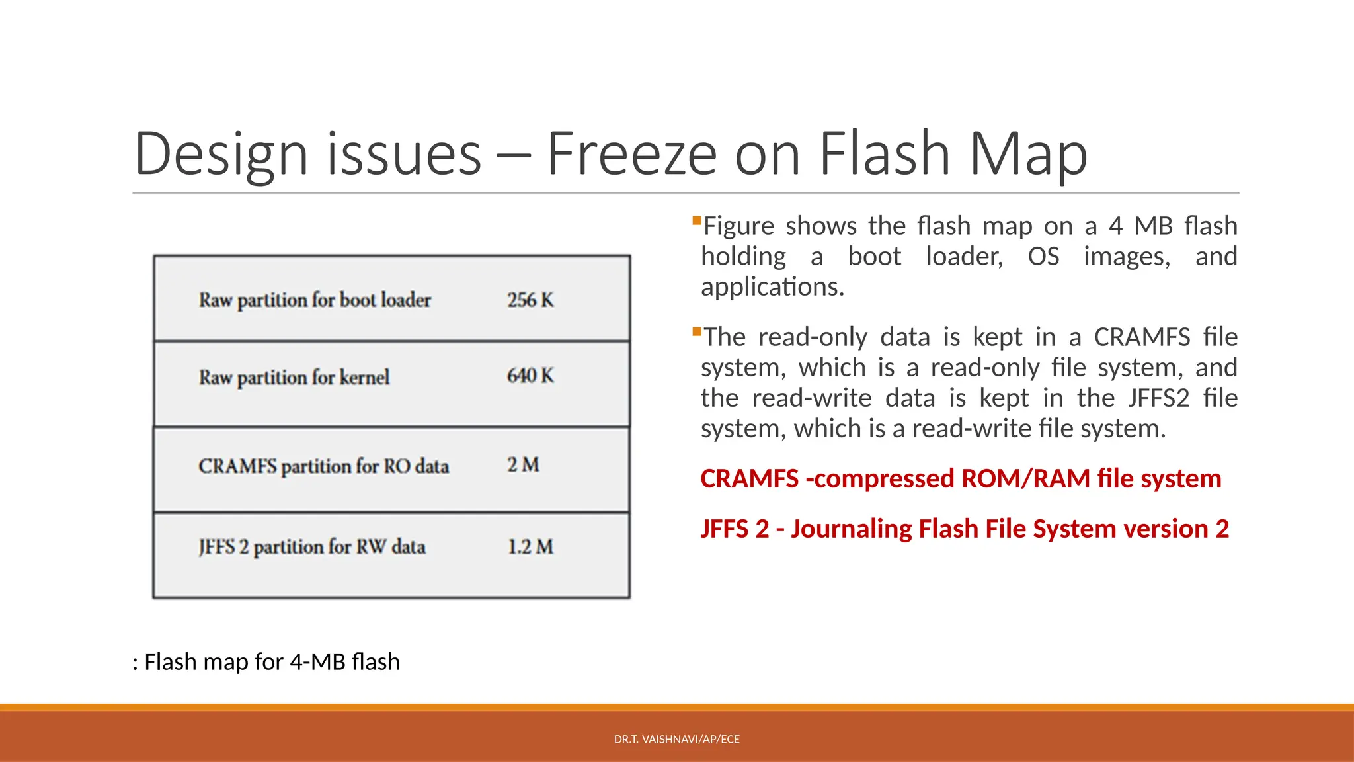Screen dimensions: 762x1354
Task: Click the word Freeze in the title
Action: pyautogui.click(x=631, y=153)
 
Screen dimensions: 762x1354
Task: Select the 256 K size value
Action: pyautogui.click(x=530, y=300)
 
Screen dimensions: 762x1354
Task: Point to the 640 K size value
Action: pyautogui.click(x=530, y=376)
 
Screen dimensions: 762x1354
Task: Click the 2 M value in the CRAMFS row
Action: pyautogui.click(x=523, y=464)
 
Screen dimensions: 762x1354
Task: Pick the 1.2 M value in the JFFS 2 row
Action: pyautogui.click(x=530, y=546)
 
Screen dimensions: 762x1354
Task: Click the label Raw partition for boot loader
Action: pyautogui.click(x=315, y=300)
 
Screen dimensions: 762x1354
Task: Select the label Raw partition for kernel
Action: pyautogui.click(x=294, y=377)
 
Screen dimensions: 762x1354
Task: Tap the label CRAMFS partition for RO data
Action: pyautogui.click(x=323, y=466)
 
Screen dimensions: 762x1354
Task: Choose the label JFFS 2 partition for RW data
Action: pyautogui.click(x=312, y=547)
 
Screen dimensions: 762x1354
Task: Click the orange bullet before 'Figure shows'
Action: pyautogui.click(x=696, y=220)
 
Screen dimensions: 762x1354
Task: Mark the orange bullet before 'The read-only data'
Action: pyautogui.click(x=696, y=331)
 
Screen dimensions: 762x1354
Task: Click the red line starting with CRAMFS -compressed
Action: pyautogui.click(x=961, y=478)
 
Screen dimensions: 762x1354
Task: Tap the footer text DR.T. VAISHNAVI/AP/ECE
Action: pyautogui.click(x=676, y=739)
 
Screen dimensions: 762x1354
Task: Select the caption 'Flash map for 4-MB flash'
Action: pyautogui.click(x=271, y=661)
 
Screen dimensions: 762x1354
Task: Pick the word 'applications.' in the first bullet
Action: pyautogui.click(x=772, y=287)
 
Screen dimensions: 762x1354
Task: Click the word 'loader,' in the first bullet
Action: pyautogui.click(x=964, y=257)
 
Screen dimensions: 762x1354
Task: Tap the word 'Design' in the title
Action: pyautogui.click(x=221, y=153)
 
